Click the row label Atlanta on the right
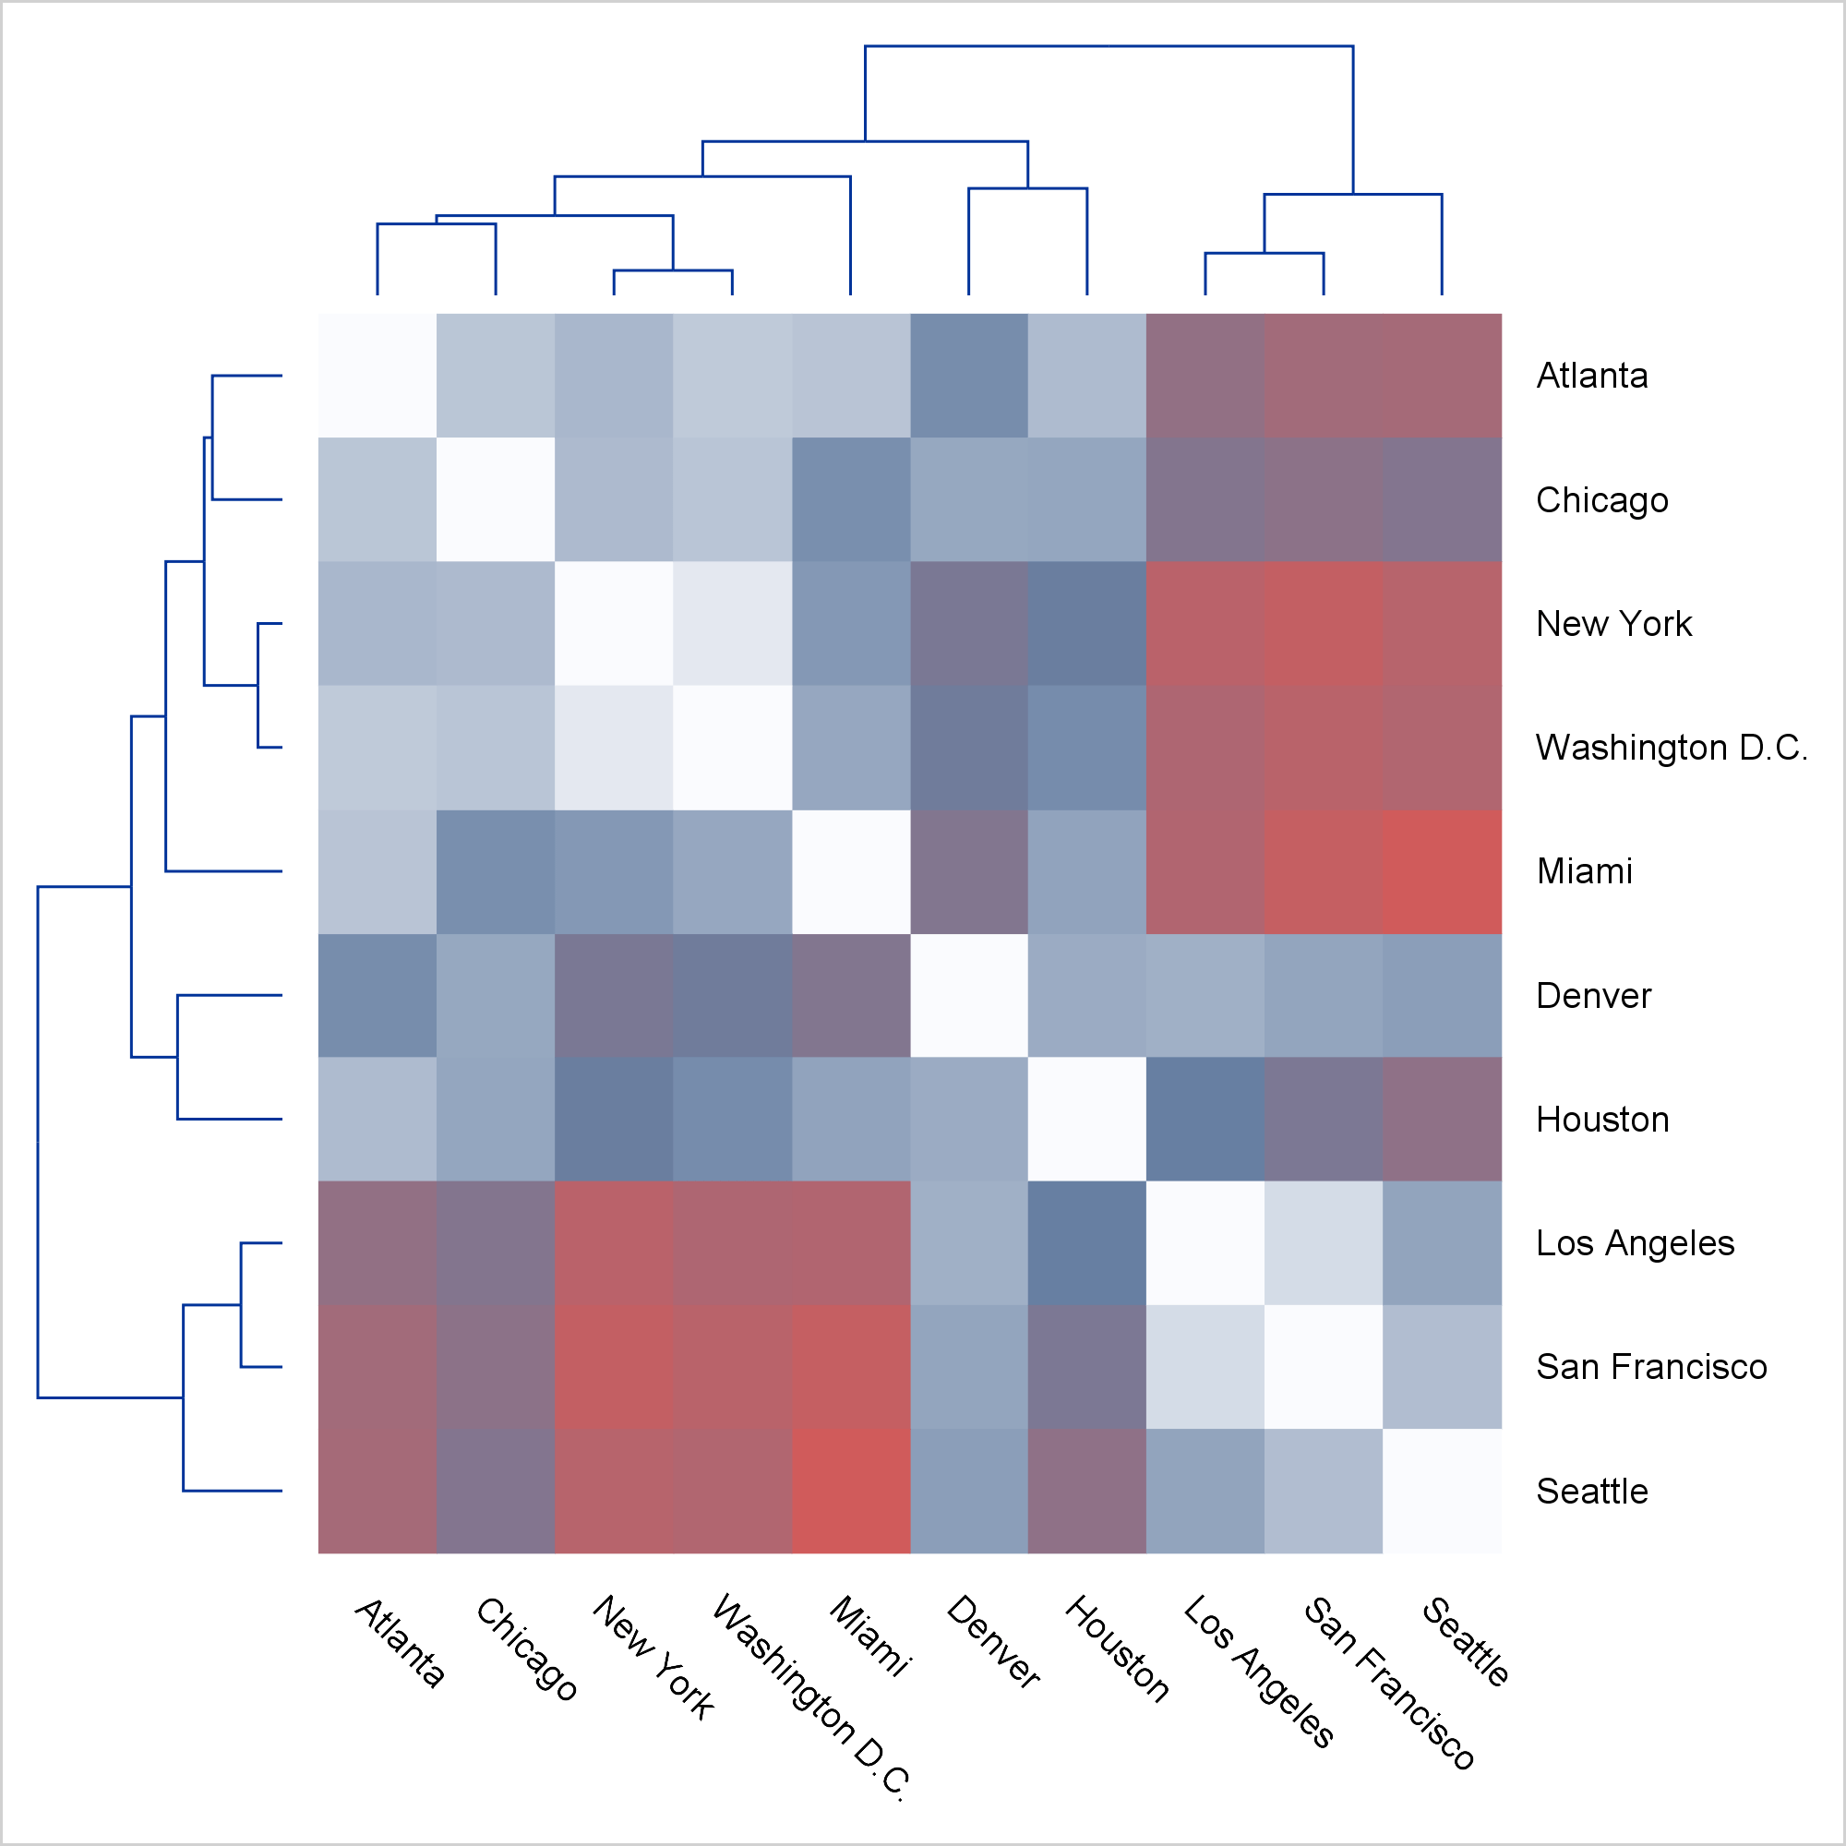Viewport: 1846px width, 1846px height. (1592, 377)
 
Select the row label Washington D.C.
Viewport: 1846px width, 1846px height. (1672, 749)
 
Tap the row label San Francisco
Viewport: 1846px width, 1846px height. (1651, 1367)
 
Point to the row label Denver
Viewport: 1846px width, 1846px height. (1593, 997)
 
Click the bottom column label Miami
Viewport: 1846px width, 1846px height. (870, 1635)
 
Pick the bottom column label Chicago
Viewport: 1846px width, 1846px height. (526, 1648)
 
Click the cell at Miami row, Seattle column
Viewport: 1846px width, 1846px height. (1442, 871)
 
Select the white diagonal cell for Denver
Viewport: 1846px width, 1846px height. (969, 996)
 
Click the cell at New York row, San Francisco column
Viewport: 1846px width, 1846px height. (1324, 624)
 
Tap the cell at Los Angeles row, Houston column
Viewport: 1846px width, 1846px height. (1087, 1243)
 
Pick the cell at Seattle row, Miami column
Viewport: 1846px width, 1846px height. (850, 1491)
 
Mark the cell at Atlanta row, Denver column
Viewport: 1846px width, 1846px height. (969, 377)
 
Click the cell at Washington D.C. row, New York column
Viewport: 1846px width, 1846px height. (614, 749)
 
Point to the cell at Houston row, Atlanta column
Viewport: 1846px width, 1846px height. (378, 1119)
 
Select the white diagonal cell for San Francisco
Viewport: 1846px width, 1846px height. (1324, 1367)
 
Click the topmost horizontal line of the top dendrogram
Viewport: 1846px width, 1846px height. (1109, 46)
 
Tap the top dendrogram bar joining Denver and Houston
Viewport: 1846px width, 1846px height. (1028, 188)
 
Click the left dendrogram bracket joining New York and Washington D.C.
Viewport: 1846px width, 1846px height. (258, 685)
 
